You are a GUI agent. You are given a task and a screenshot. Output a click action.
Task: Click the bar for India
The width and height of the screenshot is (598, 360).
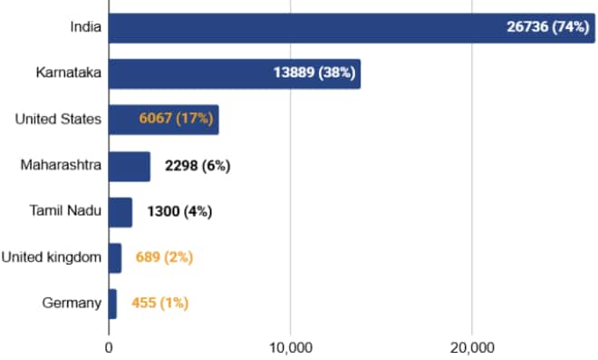pyautogui.click(x=299, y=28)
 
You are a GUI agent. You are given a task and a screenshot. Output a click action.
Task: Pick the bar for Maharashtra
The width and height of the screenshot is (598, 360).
pyautogui.click(x=129, y=166)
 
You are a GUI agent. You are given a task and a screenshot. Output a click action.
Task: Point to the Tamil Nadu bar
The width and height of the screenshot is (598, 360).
pyautogui.click(x=120, y=212)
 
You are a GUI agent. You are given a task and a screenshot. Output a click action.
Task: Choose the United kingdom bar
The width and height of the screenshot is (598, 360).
pyautogui.click(x=114, y=258)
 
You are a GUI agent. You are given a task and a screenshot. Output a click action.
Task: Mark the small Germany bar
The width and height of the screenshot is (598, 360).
pyautogui.click(x=112, y=304)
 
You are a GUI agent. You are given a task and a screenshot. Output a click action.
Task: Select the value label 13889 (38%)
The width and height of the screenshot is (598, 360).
pyautogui.click(x=313, y=73)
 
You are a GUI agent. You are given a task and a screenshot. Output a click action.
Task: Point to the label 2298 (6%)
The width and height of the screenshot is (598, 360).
pyautogui.click(x=198, y=166)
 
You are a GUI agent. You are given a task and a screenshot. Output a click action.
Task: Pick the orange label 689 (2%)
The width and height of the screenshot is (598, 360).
pyautogui.click(x=164, y=258)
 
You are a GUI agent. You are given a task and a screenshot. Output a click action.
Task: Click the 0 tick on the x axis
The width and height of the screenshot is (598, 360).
pyautogui.click(x=109, y=346)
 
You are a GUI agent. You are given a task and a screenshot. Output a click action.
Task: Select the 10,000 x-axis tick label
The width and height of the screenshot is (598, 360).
pyautogui.click(x=290, y=346)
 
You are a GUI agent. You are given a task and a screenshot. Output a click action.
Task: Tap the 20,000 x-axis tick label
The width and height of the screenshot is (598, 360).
pyautogui.click(x=472, y=346)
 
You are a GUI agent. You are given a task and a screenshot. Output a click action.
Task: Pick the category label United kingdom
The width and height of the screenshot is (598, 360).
pyautogui.click(x=51, y=258)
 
